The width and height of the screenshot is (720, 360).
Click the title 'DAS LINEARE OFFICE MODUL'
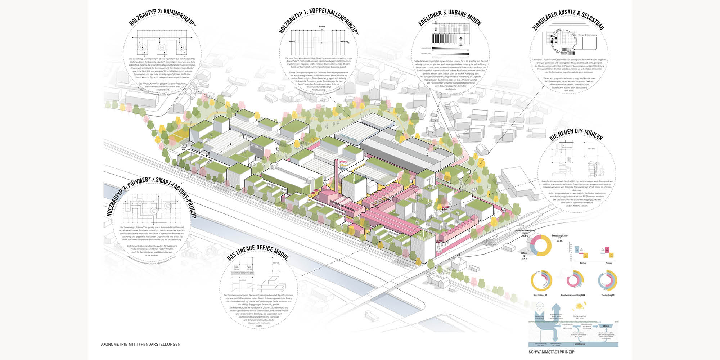coord(258,252)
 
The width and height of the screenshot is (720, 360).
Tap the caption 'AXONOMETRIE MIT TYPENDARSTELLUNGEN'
coord(141,344)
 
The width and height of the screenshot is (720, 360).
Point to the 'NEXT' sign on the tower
coord(429,207)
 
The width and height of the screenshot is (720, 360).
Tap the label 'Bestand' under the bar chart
coord(583,263)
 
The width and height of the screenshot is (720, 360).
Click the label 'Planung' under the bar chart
coord(609,263)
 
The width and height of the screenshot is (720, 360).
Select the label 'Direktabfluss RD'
coord(541,295)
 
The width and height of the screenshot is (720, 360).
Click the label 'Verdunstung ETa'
coord(608,295)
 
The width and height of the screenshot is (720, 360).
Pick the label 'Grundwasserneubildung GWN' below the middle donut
coord(573,295)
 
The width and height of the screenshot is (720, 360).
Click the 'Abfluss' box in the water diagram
coord(606,326)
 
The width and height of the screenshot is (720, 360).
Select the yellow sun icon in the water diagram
coord(580,306)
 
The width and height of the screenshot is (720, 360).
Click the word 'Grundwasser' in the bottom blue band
coord(579,344)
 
